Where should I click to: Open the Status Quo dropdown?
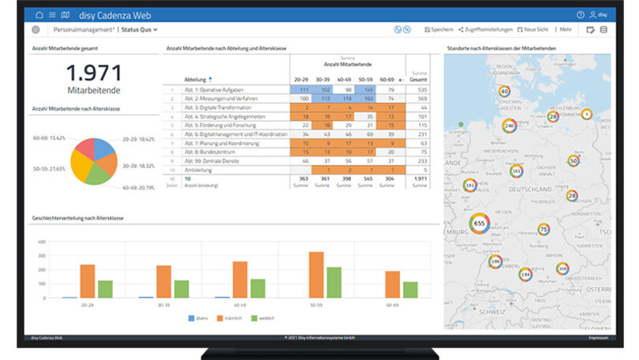click(139, 29)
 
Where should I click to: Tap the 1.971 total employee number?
click(93, 73)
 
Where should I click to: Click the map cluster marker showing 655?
click(479, 223)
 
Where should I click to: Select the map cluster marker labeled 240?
click(510, 126)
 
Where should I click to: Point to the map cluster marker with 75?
click(543, 230)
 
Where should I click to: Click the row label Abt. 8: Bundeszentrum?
click(213, 152)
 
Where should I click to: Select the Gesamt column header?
click(418, 80)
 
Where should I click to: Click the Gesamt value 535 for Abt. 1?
click(418, 90)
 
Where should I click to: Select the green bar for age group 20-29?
click(105, 289)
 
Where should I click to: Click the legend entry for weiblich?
click(264, 318)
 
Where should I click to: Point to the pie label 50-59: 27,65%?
click(49, 168)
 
